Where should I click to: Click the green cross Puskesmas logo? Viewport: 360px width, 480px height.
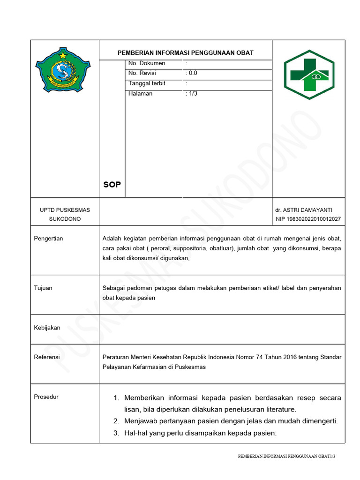click(309, 74)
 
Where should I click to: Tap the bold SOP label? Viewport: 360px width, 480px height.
click(112, 185)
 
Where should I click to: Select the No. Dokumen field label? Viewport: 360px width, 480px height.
click(147, 63)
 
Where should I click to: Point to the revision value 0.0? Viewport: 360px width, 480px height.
click(192, 73)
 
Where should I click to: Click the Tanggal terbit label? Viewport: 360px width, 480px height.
click(147, 83)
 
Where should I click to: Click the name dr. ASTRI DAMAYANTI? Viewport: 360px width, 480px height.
click(304, 210)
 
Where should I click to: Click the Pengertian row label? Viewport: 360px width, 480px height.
click(48, 239)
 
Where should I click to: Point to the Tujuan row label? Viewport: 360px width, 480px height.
click(43, 288)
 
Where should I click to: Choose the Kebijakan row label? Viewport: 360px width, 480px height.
click(47, 328)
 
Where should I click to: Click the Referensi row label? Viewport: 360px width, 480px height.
click(47, 357)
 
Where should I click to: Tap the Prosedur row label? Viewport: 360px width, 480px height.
click(46, 397)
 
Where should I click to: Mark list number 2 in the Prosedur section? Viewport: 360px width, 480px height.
click(116, 421)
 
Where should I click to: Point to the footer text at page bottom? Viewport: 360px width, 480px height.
click(287, 456)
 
